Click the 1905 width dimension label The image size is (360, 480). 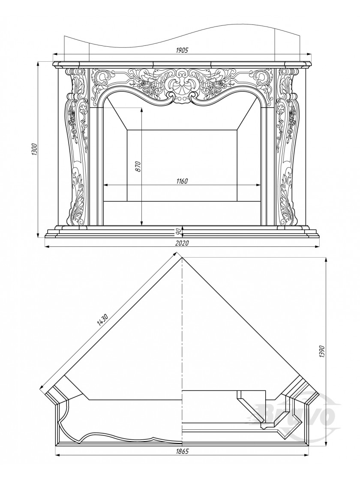182,50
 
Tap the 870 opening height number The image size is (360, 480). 138,166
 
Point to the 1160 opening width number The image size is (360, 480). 182,181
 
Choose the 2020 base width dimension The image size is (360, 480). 182,243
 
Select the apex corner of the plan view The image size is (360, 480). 182,258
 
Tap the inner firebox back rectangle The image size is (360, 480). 182,165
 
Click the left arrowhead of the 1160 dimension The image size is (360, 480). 106,185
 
